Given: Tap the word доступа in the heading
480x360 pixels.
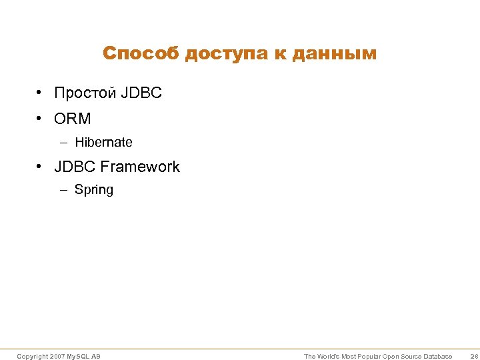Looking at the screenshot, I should tap(227, 53).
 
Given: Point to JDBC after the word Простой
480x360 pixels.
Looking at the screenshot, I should tap(141, 93).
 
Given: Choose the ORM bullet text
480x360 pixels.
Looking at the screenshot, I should tap(73, 119).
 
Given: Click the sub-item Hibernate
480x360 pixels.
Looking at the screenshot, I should tap(103, 142).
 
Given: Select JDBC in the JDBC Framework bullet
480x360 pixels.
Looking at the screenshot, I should tap(75, 167).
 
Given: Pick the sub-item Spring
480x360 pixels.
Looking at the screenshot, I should tap(94, 190).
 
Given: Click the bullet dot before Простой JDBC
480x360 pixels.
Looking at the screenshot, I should tap(41, 93).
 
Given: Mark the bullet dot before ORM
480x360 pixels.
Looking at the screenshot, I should tap(41, 119).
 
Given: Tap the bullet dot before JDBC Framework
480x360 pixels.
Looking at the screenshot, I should tap(41, 167).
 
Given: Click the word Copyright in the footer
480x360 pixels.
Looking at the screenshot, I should tap(32, 357).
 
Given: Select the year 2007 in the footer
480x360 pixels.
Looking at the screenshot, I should tap(57, 357).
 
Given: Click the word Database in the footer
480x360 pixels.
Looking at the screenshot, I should tap(437, 357).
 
